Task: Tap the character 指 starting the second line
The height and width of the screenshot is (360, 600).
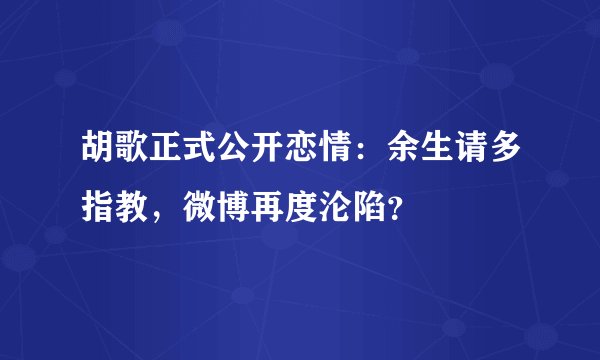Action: [x=87, y=208]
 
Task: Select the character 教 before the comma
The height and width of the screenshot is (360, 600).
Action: [x=123, y=208]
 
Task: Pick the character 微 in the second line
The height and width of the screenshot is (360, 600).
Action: [x=194, y=208]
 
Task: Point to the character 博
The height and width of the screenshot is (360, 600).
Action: [x=229, y=208]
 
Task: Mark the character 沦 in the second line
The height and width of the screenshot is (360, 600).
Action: [x=335, y=208]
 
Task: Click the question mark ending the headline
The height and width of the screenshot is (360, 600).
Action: [x=400, y=210]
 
